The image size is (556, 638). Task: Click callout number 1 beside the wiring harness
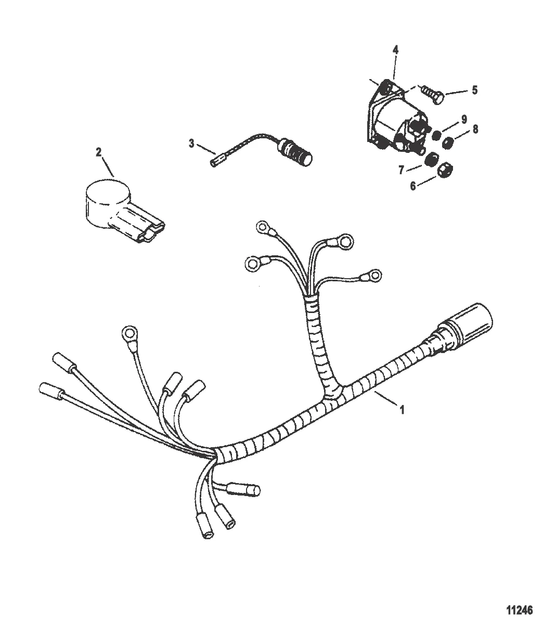click(402, 410)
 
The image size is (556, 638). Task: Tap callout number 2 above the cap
click(98, 152)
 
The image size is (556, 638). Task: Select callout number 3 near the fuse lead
click(191, 144)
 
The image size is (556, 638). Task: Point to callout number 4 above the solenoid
click(395, 50)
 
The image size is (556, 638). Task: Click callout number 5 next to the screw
click(475, 90)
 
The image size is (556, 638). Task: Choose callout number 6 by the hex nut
click(413, 186)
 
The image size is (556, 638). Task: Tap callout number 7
click(402, 170)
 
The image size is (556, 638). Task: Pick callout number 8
click(475, 129)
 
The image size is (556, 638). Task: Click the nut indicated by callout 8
click(448, 143)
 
